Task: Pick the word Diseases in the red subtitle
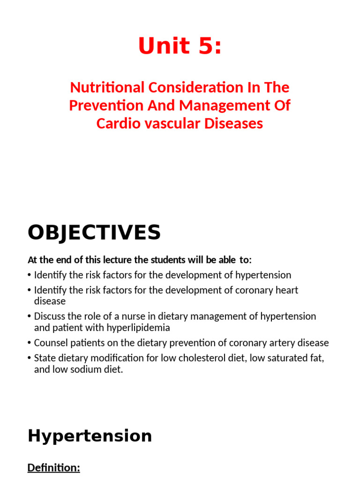click(x=236, y=123)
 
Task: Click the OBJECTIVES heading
click(x=94, y=232)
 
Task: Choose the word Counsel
click(x=50, y=343)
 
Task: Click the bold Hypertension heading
click(x=90, y=436)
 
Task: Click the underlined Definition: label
click(x=54, y=468)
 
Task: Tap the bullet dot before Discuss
click(x=30, y=317)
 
